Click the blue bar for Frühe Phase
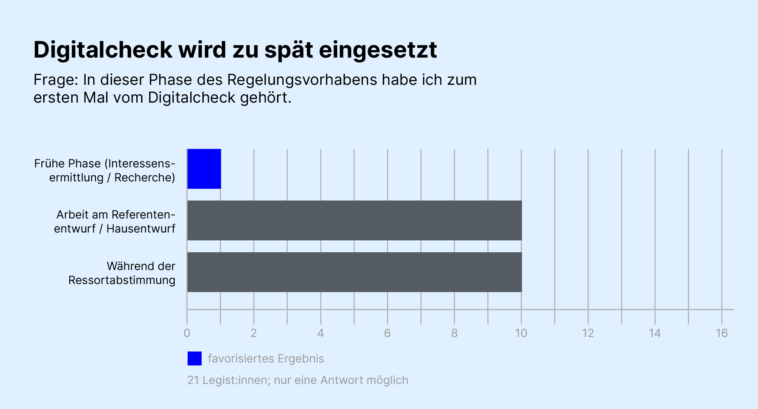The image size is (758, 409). coord(204,169)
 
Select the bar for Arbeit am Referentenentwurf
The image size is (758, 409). coord(354,220)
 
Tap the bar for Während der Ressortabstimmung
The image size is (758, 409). coord(354,272)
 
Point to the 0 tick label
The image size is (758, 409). coord(187,333)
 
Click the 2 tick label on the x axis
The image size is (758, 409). coord(254,333)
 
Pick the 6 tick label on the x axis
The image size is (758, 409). coord(387,333)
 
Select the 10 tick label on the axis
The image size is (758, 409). coord(521,333)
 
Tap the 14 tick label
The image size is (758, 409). coord(655,333)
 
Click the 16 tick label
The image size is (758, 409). coord(722,333)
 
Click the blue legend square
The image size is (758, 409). coord(194,358)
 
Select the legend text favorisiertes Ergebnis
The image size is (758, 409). coord(266,359)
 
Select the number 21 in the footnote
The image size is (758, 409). coord(193,380)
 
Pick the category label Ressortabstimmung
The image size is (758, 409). coord(122,280)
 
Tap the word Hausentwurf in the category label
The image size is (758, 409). coord(141,229)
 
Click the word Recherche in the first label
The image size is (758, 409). coord(144,178)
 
